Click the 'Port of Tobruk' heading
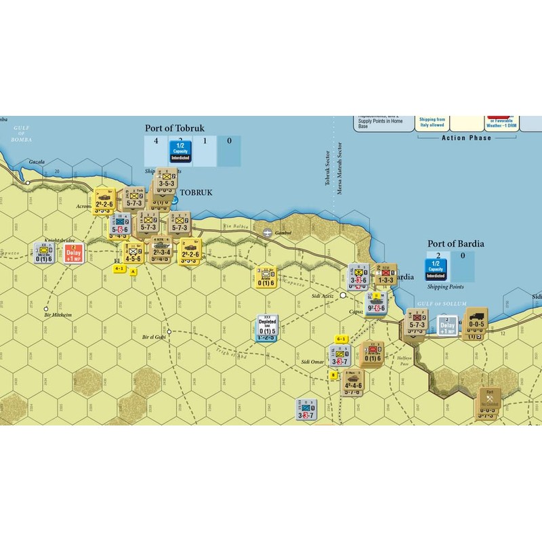175,127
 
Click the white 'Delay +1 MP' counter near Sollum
447,326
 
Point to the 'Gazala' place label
37,163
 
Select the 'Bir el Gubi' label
154,337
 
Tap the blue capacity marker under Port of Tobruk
180,150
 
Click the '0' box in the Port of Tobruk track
229,141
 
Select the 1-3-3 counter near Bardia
386,276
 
